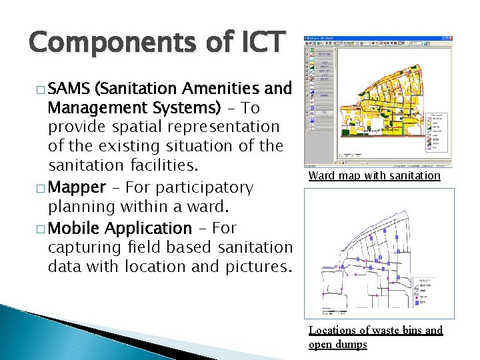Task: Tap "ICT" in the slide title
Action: [261, 42]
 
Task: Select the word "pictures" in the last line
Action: [256, 267]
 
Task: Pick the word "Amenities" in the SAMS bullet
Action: [217, 88]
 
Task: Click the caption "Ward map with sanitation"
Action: [374, 176]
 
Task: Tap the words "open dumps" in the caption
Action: [337, 344]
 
